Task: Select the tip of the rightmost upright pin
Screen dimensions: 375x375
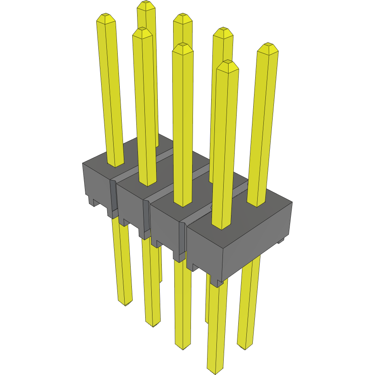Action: (268, 45)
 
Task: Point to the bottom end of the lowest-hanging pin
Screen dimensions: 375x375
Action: (215, 370)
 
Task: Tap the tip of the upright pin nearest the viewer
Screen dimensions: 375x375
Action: (228, 63)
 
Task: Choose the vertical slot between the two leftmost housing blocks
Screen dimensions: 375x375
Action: (113, 198)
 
